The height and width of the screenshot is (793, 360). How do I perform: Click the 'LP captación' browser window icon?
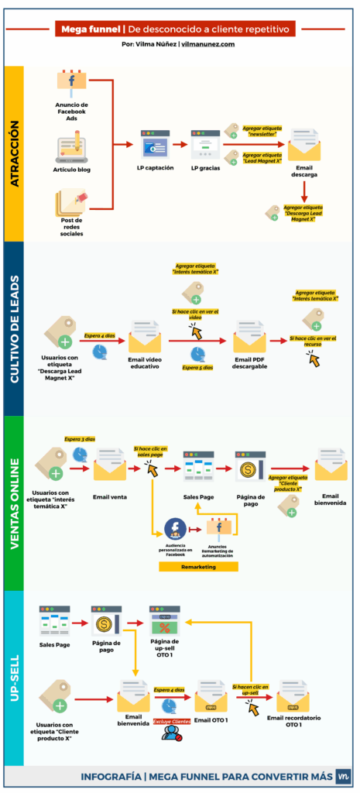tap(155, 145)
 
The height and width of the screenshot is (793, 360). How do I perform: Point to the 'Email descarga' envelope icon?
tap(304, 145)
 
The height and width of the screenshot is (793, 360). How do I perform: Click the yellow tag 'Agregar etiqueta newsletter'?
tap(262, 130)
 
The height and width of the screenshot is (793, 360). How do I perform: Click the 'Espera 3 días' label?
tap(79, 438)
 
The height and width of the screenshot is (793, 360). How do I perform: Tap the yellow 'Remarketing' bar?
tap(198, 567)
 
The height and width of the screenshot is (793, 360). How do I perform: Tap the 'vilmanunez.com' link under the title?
tap(208, 44)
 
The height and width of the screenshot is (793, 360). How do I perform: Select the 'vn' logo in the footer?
tap(343, 776)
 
